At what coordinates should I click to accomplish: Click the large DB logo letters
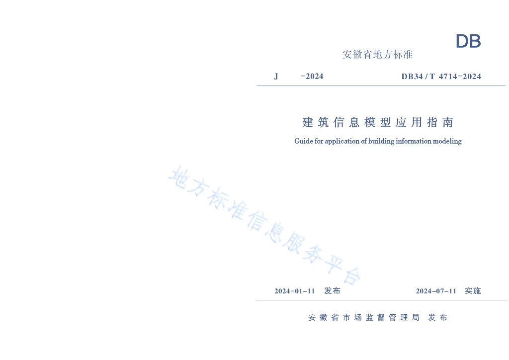click(468, 42)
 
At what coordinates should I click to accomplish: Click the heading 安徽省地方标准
click(378, 55)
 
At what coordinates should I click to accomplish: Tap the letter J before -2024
click(276, 76)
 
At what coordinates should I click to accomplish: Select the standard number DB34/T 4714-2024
click(441, 76)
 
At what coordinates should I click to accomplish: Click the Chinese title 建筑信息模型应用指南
click(378, 122)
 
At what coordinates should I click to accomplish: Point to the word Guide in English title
click(303, 141)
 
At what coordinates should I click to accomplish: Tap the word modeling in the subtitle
click(447, 141)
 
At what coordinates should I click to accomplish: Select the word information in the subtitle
click(414, 141)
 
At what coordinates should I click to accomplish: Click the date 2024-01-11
click(295, 291)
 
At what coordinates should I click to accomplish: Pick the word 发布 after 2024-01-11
click(332, 291)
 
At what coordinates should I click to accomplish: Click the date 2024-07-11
click(436, 291)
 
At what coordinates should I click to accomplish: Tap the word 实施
click(473, 291)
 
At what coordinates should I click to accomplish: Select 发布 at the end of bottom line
click(437, 317)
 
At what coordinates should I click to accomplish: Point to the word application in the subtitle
click(342, 141)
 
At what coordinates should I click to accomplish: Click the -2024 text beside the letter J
click(312, 76)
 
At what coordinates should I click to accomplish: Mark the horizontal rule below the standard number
click(381, 86)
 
